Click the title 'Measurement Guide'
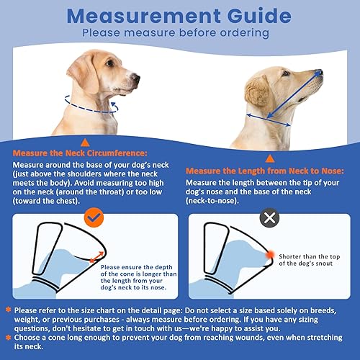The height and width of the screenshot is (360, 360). tap(179, 15)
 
